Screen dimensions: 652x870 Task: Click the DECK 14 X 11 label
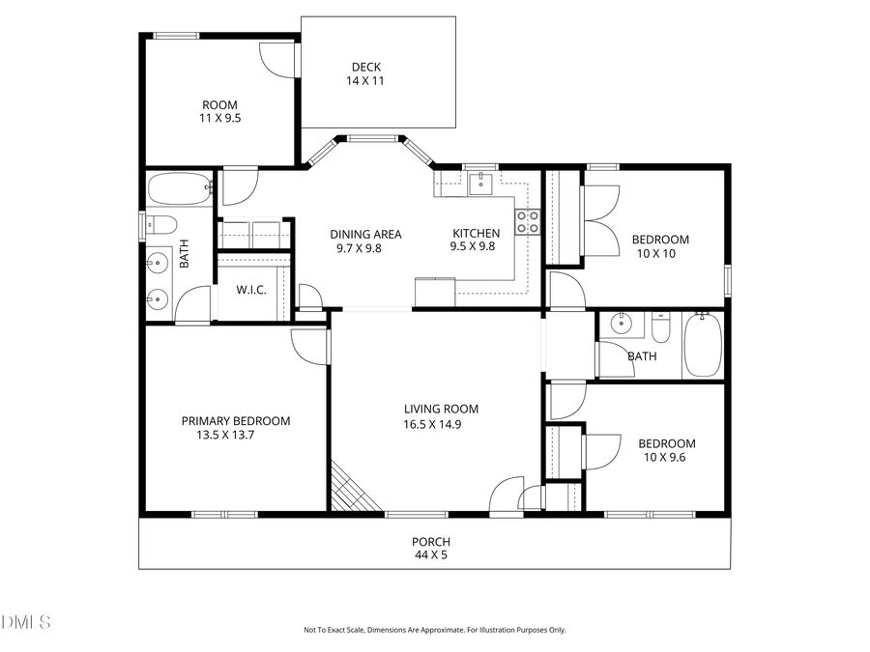[365, 74]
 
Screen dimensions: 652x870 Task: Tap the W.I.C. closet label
[251, 290]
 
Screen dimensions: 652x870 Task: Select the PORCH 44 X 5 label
[430, 549]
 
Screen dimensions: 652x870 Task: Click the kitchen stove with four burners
[528, 222]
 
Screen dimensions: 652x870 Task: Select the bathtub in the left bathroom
[179, 188]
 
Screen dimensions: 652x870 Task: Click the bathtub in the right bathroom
[703, 346]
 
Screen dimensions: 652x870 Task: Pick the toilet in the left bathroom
[161, 226]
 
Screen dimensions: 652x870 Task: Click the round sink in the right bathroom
[622, 326]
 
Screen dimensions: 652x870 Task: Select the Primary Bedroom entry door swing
[309, 346]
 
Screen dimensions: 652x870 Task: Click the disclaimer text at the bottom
[435, 630]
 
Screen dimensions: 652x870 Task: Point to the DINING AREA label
[365, 234]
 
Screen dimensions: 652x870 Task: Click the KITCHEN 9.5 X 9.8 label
[476, 240]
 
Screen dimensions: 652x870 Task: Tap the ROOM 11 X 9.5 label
[219, 111]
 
